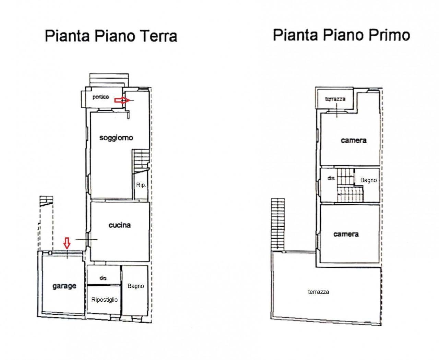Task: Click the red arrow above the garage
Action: click(x=67, y=243)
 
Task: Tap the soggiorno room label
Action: click(x=116, y=138)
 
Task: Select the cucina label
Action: click(x=120, y=225)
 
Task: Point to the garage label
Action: click(x=64, y=286)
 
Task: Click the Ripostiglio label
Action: click(x=104, y=300)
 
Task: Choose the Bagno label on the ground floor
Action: click(x=136, y=286)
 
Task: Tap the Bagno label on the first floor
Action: click(x=368, y=180)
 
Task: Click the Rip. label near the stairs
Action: click(x=141, y=185)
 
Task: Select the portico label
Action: click(x=101, y=97)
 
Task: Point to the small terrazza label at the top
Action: click(x=335, y=99)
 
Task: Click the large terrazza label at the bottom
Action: click(x=319, y=292)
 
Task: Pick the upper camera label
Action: click(x=354, y=141)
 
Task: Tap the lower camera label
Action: click(x=346, y=234)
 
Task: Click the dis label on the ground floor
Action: click(x=103, y=278)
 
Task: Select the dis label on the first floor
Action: click(x=331, y=178)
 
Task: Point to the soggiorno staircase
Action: click(x=141, y=159)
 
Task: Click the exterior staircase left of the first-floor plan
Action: click(x=278, y=224)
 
